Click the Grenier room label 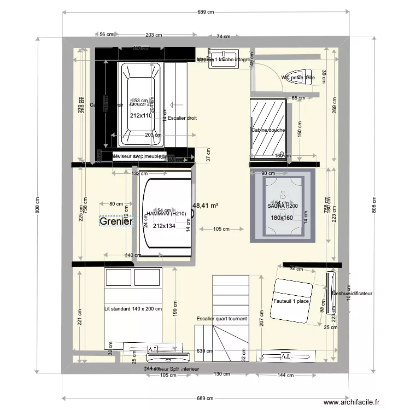[116, 222]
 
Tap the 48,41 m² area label [205, 206]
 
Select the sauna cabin [282, 206]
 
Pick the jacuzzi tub [140, 104]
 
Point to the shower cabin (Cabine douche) [268, 130]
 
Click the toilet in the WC [300, 76]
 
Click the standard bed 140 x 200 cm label [133, 309]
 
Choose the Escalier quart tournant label [222, 319]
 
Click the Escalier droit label [182, 118]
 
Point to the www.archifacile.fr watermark [351, 402]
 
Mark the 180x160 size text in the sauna [282, 218]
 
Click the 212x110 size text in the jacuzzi [141, 115]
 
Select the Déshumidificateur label [353, 294]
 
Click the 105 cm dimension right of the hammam [220, 229]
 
